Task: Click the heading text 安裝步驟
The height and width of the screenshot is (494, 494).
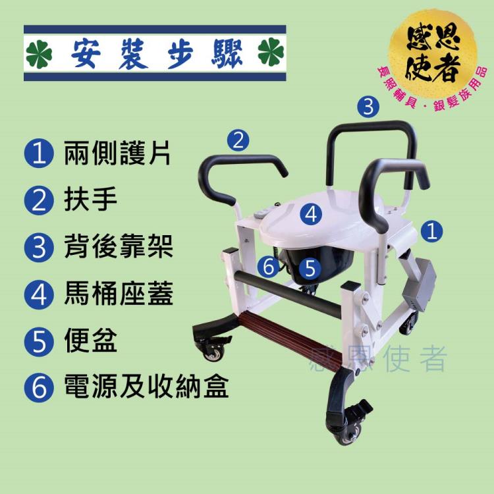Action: tap(157, 53)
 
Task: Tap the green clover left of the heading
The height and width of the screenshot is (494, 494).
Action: tap(39, 53)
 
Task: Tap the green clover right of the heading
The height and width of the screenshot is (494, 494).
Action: tap(271, 52)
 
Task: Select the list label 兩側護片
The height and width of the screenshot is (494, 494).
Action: tap(117, 153)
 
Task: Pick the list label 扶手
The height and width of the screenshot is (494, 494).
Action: tap(90, 200)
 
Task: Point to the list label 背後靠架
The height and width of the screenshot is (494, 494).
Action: tap(119, 246)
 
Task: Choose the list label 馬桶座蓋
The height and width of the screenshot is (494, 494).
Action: tap(119, 294)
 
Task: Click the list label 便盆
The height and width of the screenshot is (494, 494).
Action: tap(90, 341)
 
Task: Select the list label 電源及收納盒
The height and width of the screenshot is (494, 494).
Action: tap(146, 387)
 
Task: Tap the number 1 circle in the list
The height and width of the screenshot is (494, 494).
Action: tap(39, 153)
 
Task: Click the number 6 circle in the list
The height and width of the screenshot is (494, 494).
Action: tap(39, 387)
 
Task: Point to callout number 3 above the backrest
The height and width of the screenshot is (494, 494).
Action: tap(368, 107)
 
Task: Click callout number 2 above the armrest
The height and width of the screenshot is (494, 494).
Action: tap(238, 140)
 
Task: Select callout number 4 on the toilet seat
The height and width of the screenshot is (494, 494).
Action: tap(311, 214)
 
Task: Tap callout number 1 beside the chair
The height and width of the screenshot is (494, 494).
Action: tap(431, 231)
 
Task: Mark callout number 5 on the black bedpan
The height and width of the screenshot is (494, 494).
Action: tap(310, 268)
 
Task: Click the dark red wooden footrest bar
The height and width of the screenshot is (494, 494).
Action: tap(290, 342)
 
